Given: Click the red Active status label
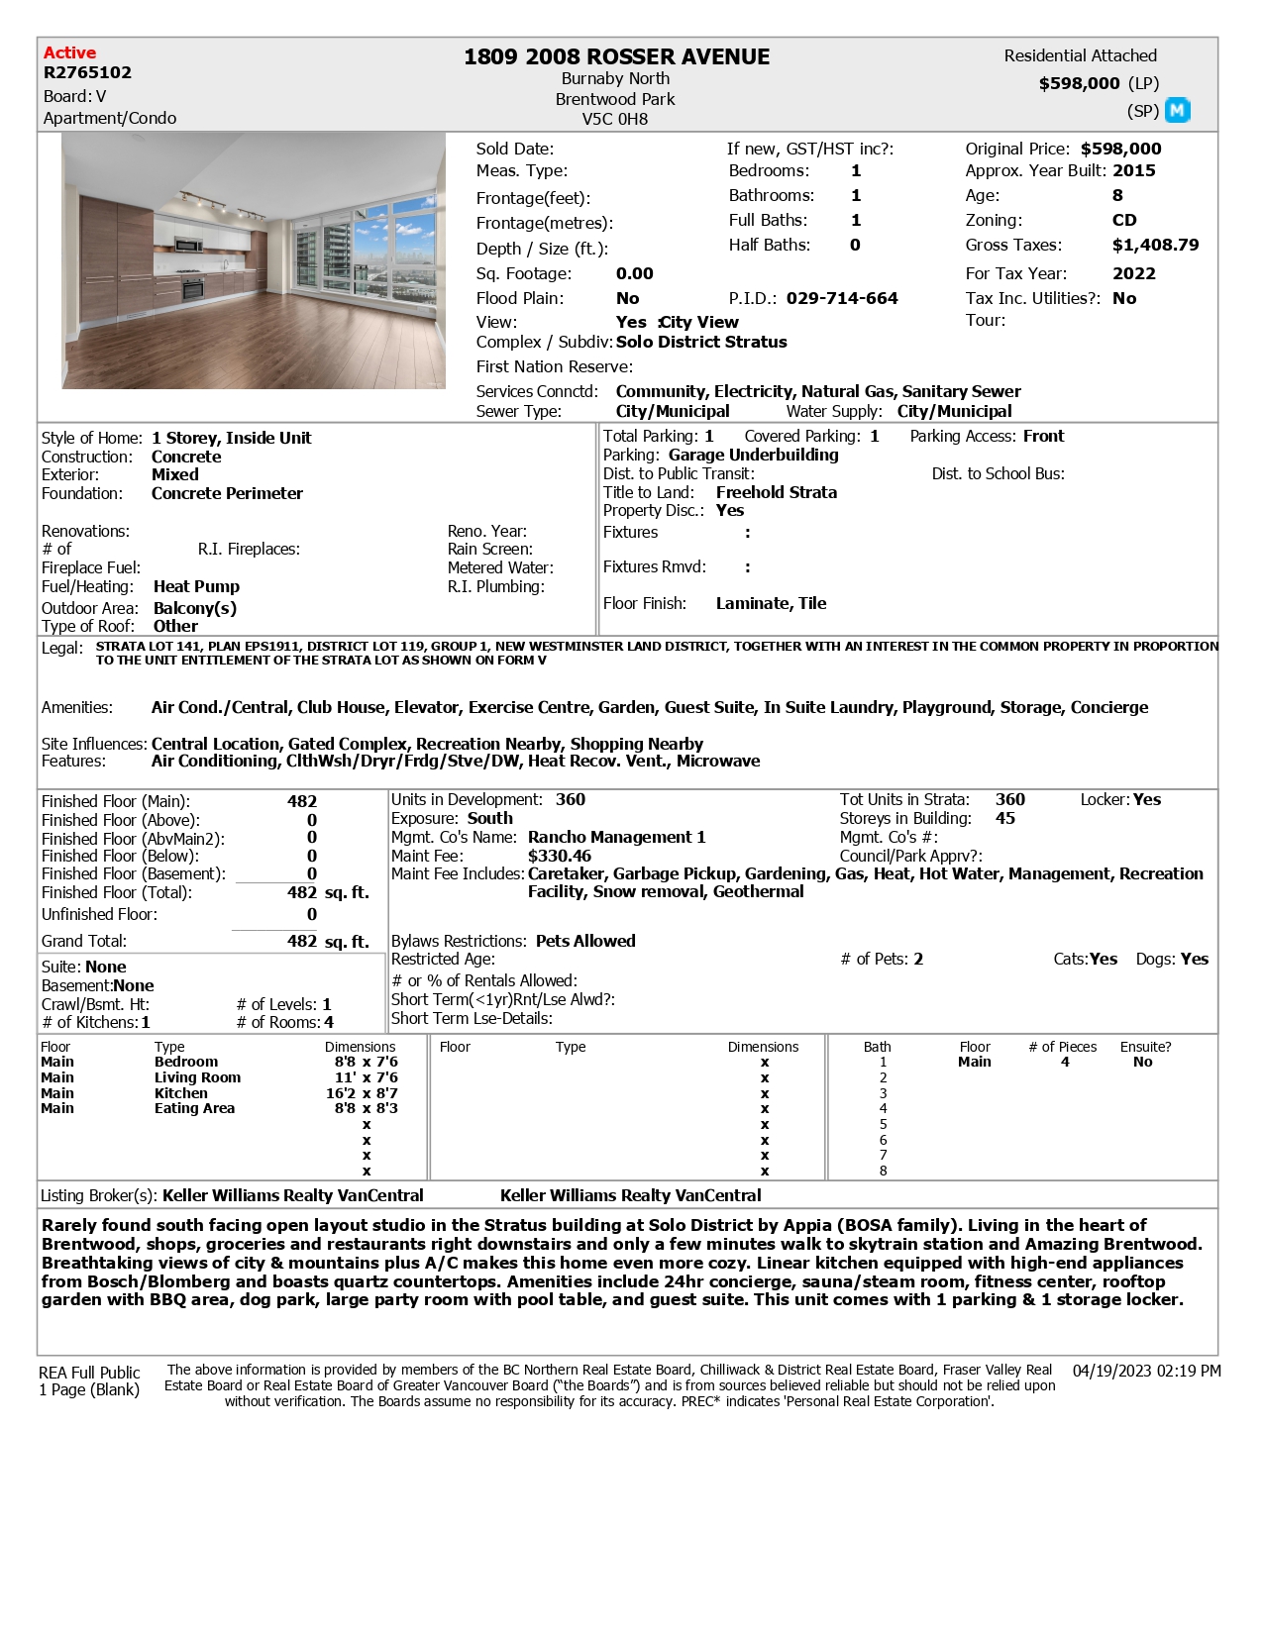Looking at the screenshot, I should pyautogui.click(x=69, y=52).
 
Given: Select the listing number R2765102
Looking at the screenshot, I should pyautogui.click(x=87, y=72).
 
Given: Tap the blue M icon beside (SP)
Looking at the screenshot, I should pyautogui.click(x=1177, y=110).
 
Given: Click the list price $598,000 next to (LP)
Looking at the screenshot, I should pyautogui.click(x=1079, y=83).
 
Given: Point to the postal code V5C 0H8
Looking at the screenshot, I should pyautogui.click(x=614, y=119).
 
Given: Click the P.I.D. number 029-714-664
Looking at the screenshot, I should pyautogui.click(x=842, y=298).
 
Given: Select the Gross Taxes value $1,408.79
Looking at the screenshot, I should pyautogui.click(x=1155, y=245).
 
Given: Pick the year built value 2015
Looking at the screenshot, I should pyautogui.click(x=1133, y=170).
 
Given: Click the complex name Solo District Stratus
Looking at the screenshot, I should pyautogui.click(x=701, y=342).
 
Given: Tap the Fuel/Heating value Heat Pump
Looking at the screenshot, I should pyautogui.click(x=196, y=586).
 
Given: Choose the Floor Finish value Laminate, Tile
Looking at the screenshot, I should pyautogui.click(x=771, y=603).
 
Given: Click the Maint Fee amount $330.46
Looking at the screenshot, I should pyautogui.click(x=560, y=856).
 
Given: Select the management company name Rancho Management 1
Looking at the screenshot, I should pyautogui.click(x=616, y=837).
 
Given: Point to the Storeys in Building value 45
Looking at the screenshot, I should pyautogui.click(x=1004, y=818).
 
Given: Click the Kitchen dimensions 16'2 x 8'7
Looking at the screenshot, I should pyautogui.click(x=362, y=1093).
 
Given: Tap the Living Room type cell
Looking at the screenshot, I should pyautogui.click(x=197, y=1077).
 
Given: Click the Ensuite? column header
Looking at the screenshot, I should pyautogui.click(x=1145, y=1047).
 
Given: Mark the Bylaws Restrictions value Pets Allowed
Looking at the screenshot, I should pyautogui.click(x=585, y=941).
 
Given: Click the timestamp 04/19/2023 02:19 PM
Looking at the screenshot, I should pyautogui.click(x=1146, y=1371).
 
